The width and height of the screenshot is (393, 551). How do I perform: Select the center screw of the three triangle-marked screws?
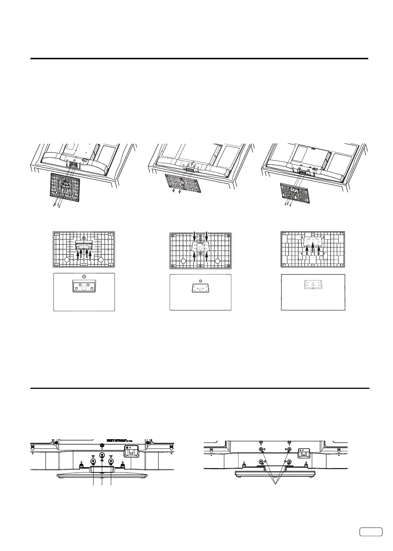coord(102,455)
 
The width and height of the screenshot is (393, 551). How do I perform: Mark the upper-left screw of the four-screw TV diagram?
coord(261,449)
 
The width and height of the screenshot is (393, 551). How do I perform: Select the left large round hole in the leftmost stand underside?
coord(67,260)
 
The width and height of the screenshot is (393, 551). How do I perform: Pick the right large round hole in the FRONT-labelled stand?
coord(217,262)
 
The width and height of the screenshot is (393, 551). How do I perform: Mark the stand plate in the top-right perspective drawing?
coord(295,193)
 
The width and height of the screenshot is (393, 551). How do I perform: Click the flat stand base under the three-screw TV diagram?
coord(102,476)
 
